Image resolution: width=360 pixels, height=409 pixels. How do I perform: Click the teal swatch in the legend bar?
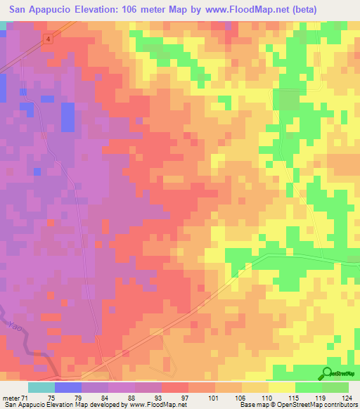click(x=41, y=387)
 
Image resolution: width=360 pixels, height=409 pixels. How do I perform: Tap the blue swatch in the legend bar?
click(x=68, y=387)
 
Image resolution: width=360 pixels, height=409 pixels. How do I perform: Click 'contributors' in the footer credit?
click(x=338, y=405)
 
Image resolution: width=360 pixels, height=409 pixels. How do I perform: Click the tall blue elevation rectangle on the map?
click(x=67, y=117)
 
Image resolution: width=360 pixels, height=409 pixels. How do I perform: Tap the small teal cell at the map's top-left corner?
click(x=4, y=25)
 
